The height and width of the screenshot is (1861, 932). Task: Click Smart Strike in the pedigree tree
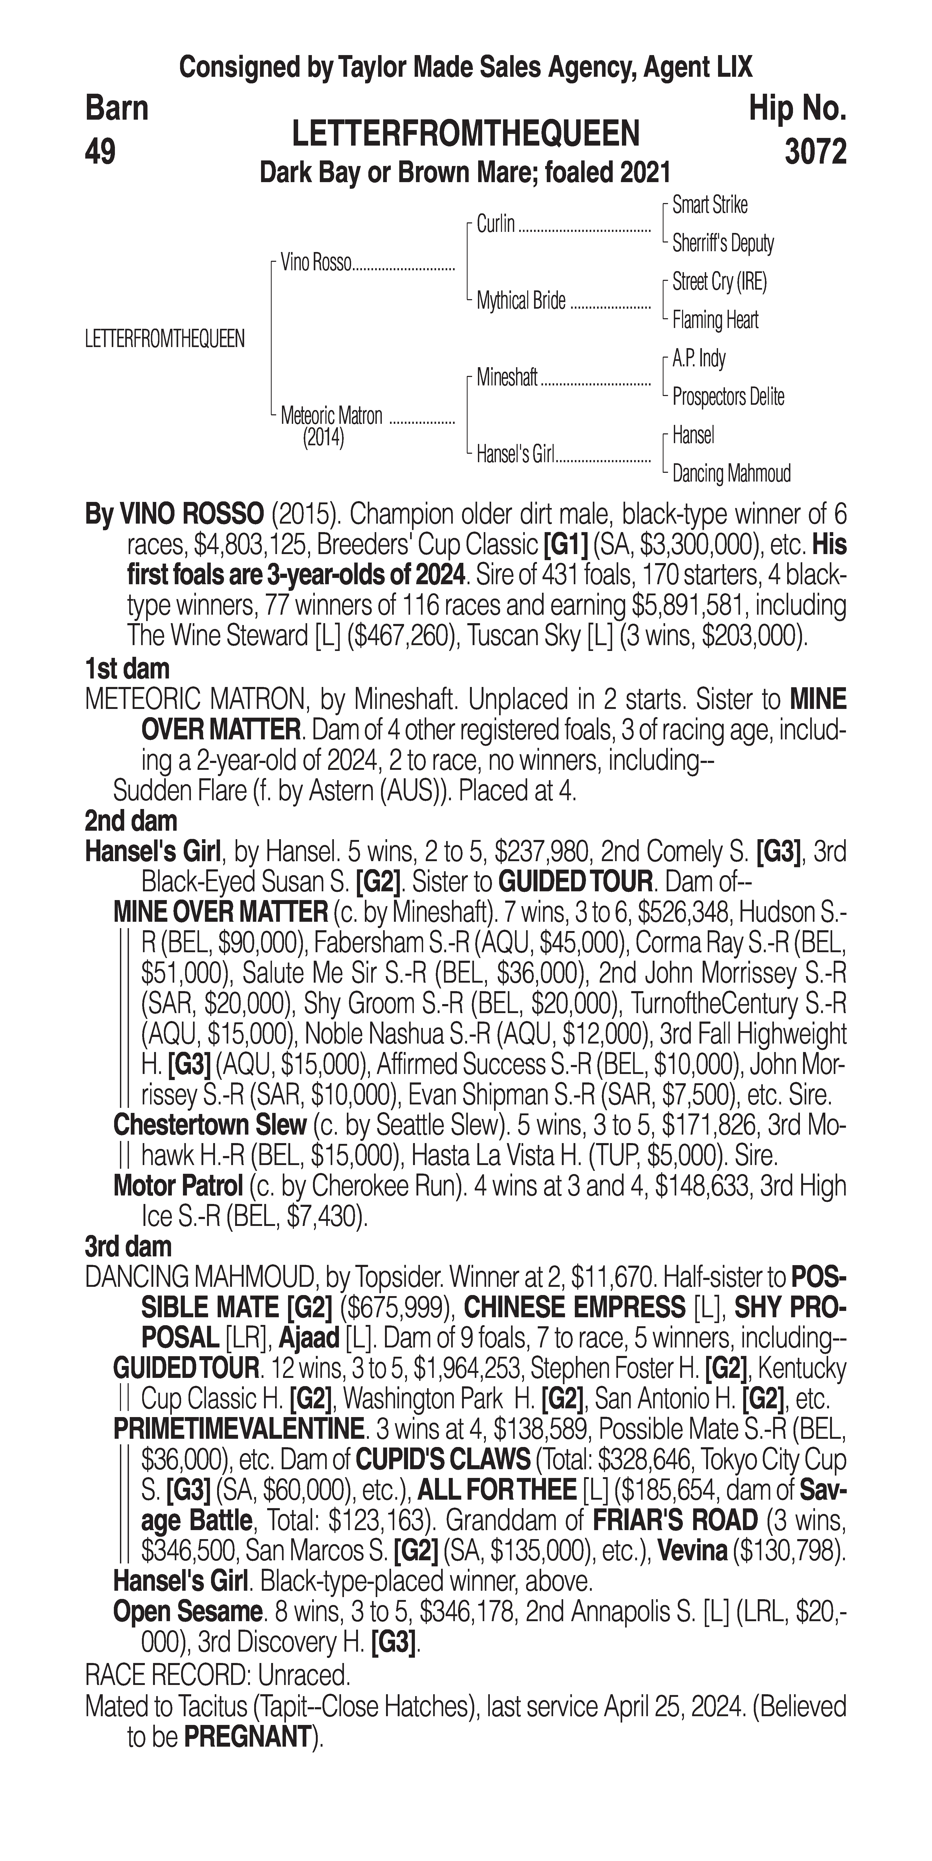point(710,205)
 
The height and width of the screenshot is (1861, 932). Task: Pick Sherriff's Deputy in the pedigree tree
point(723,244)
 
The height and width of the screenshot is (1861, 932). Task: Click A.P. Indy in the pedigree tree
point(699,358)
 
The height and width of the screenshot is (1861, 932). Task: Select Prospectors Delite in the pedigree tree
point(728,397)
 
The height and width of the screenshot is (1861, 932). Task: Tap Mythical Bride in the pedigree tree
point(521,300)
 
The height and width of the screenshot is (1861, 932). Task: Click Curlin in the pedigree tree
point(496,224)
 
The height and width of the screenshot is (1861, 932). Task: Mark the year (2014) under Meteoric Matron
point(323,438)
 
